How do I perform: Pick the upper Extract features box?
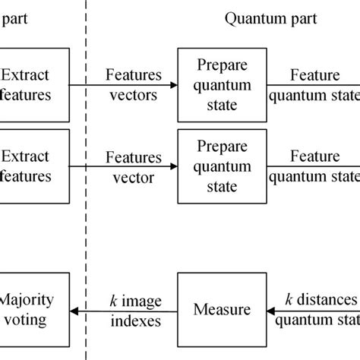[x=34, y=84]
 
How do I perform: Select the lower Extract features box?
[x=34, y=166]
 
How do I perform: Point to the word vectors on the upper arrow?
[x=133, y=96]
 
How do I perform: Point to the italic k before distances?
[x=290, y=300]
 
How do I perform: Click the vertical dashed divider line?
[x=86, y=228]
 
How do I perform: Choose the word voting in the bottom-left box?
[x=27, y=322]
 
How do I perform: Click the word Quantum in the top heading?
[x=249, y=19]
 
